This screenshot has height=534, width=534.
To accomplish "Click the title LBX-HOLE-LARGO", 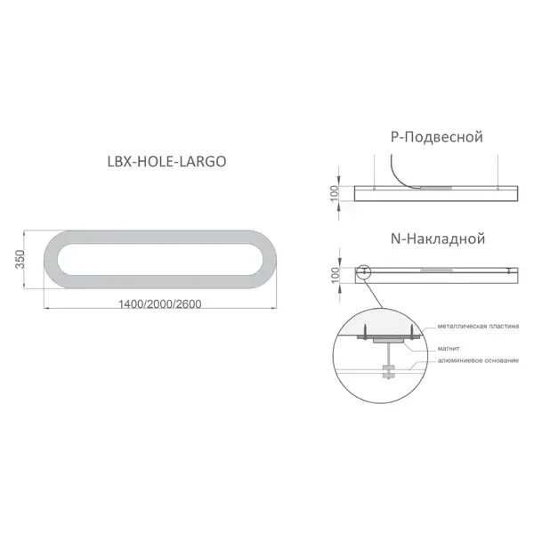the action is (167, 161).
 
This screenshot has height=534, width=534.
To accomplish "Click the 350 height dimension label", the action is (20, 259).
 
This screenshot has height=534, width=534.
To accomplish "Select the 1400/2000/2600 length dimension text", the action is (159, 303).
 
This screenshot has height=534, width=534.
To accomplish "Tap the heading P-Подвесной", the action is (437, 137).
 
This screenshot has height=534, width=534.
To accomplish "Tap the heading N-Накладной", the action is (438, 239).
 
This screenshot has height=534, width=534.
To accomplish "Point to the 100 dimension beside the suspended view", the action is (335, 193).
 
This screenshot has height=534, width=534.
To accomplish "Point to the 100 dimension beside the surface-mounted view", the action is (336, 275).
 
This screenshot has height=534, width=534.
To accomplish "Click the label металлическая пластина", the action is (478, 327).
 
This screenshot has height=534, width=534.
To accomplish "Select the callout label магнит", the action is (449, 349).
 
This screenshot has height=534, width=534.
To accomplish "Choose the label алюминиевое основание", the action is (478, 360).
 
